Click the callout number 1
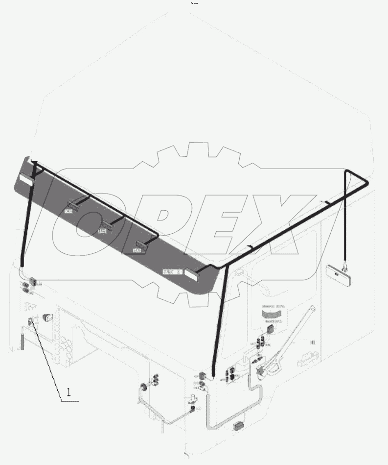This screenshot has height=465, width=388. [68, 392]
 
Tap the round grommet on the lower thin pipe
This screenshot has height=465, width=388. [145, 387]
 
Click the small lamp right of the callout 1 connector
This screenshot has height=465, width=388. [48, 318]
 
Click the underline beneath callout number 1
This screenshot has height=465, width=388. [69, 400]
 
